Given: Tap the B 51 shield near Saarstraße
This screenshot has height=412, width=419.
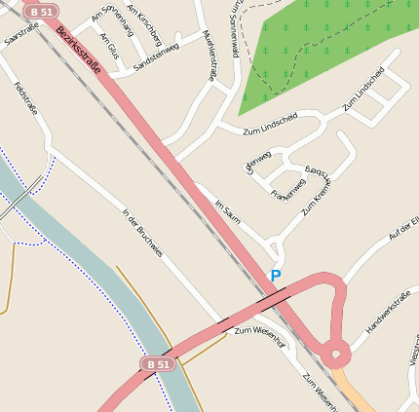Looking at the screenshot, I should point(39,12).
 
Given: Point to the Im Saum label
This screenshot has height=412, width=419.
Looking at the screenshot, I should point(227,211).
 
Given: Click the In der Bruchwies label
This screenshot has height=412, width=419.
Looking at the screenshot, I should point(140,235).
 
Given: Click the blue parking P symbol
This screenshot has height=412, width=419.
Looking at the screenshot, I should point(275,277).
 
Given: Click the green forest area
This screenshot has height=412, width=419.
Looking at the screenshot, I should point(312,49).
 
